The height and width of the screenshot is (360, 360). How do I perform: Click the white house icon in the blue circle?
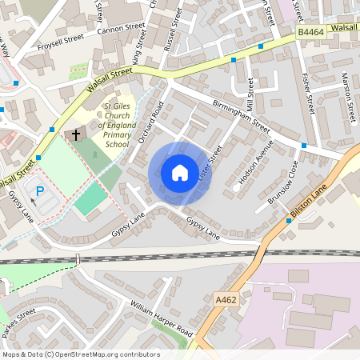[180, 172]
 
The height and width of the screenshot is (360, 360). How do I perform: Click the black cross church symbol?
[77, 134]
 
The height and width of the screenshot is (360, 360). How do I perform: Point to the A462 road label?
[227, 299]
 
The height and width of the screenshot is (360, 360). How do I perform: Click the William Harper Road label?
[162, 319]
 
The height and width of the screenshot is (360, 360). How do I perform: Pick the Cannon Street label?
[121, 30]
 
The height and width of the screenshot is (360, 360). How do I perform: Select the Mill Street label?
[250, 94]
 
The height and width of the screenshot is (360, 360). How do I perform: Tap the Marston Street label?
[346, 90]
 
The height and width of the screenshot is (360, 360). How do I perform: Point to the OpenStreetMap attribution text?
[81, 354]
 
